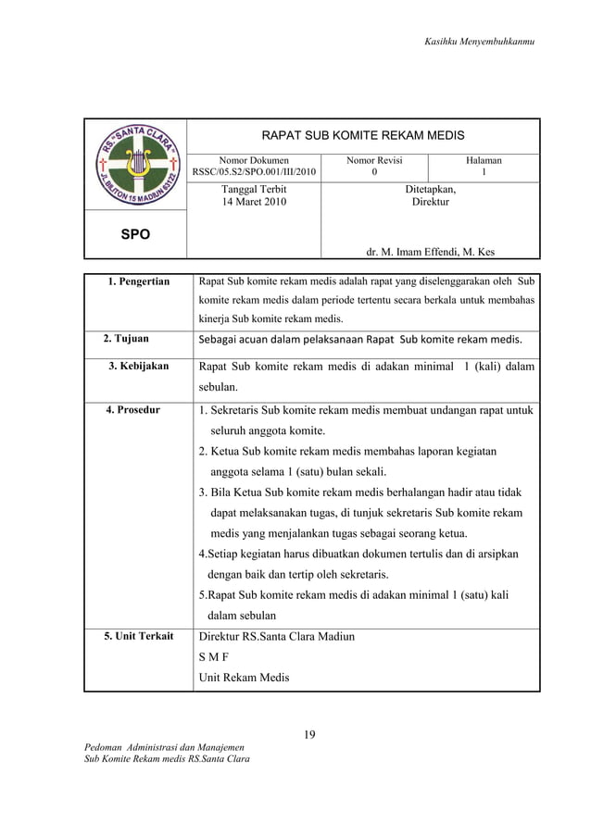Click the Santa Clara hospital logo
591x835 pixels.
[x=134, y=168]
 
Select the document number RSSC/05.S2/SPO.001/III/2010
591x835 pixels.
[x=254, y=171]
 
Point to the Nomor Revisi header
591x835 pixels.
[x=374, y=160]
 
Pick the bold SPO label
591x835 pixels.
[x=135, y=235]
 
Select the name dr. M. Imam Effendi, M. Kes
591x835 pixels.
[x=430, y=250]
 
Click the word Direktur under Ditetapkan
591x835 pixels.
[x=431, y=201]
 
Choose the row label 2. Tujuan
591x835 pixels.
[x=126, y=339]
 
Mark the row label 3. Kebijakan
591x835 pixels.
[x=138, y=367]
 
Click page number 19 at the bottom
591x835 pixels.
[x=311, y=736]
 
